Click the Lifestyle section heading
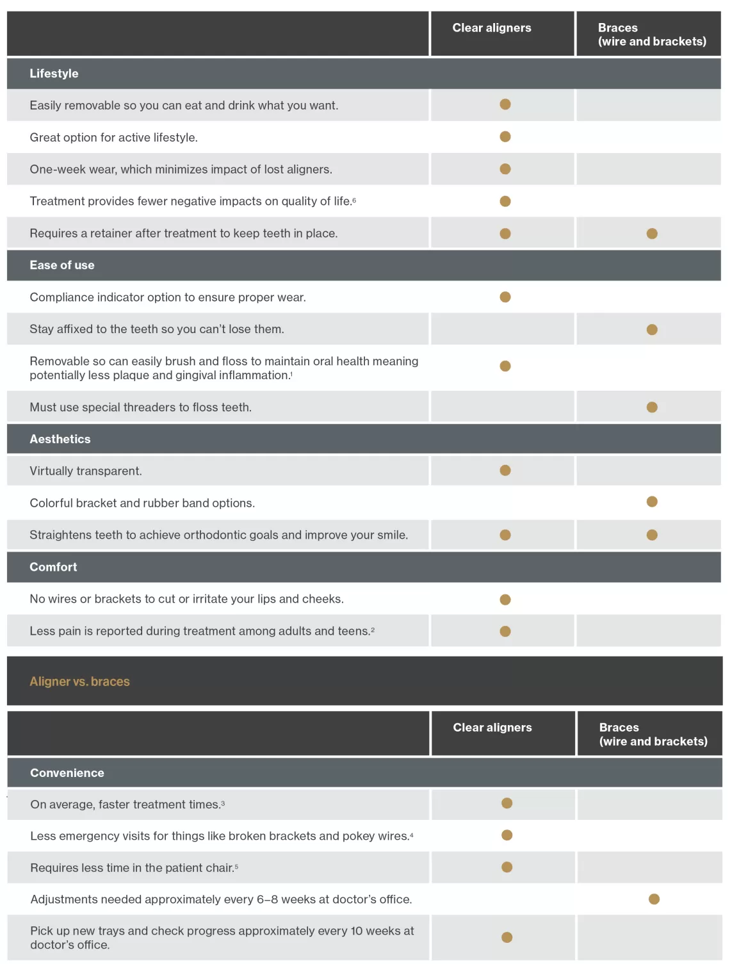[54, 74]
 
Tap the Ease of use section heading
[61, 265]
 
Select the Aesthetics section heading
[60, 439]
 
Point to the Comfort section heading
[53, 567]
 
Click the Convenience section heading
[67, 773]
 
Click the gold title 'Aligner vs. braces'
[79, 682]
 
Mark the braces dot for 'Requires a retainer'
[652, 234]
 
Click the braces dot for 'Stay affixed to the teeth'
[652, 330]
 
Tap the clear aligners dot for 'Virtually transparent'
[505, 471]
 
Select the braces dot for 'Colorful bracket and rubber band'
[652, 502]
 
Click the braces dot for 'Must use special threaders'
[652, 407]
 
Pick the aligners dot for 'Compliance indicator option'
[505, 297]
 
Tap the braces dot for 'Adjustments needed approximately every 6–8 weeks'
[654, 899]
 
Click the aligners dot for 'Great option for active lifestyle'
[505, 136]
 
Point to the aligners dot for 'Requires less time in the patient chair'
[507, 867]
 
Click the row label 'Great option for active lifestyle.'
[113, 138]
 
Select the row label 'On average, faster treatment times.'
[127, 805]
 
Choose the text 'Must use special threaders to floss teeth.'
[140, 407]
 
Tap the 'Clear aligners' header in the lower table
[492, 728]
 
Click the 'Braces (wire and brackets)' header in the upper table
[652, 35]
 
